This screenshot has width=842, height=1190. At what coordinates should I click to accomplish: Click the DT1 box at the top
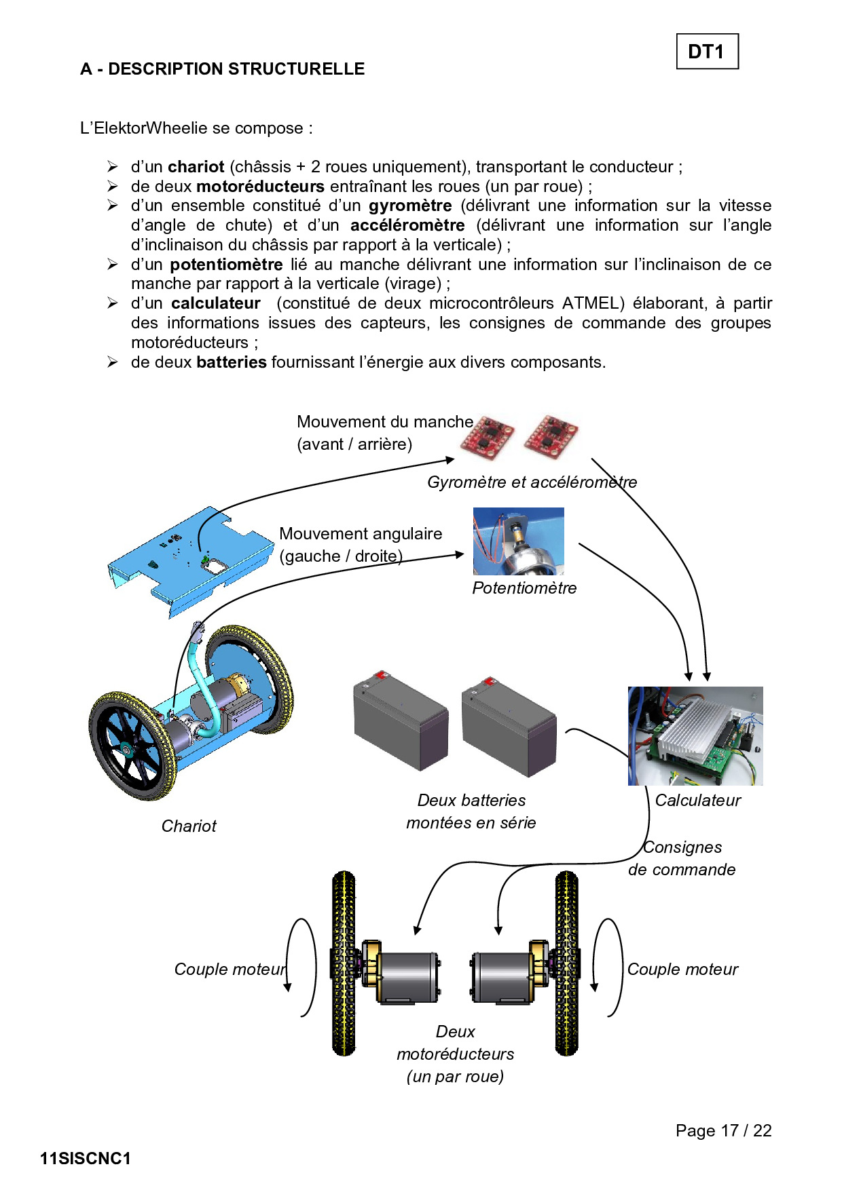pos(707,52)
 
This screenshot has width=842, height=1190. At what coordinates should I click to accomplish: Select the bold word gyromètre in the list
pos(410,206)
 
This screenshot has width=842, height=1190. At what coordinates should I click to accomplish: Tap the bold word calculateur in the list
pos(216,303)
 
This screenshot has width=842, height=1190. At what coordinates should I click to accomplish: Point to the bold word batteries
pos(232,362)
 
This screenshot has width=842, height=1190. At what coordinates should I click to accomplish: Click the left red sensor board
pos(486,434)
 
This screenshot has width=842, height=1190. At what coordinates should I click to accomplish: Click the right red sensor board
pos(551,435)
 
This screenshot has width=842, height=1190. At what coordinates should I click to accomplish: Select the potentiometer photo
pos(519,541)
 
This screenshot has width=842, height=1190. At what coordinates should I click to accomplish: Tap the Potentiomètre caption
pos(524,588)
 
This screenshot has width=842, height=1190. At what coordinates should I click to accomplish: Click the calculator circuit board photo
pos(695,736)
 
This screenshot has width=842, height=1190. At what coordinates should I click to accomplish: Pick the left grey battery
pos(401,720)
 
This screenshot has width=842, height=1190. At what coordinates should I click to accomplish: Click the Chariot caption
pos(189,826)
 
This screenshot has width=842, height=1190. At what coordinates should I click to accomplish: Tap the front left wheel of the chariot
pos(132,745)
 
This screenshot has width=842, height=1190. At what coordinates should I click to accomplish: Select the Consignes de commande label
pos(682,858)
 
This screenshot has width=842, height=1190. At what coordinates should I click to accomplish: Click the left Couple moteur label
pos(230,970)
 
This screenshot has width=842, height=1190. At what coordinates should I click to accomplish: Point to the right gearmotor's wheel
pos(566,963)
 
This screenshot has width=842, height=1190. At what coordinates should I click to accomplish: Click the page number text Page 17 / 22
pos(724,1131)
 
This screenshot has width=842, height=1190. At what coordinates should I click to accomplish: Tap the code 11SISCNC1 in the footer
pos(86,1159)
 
